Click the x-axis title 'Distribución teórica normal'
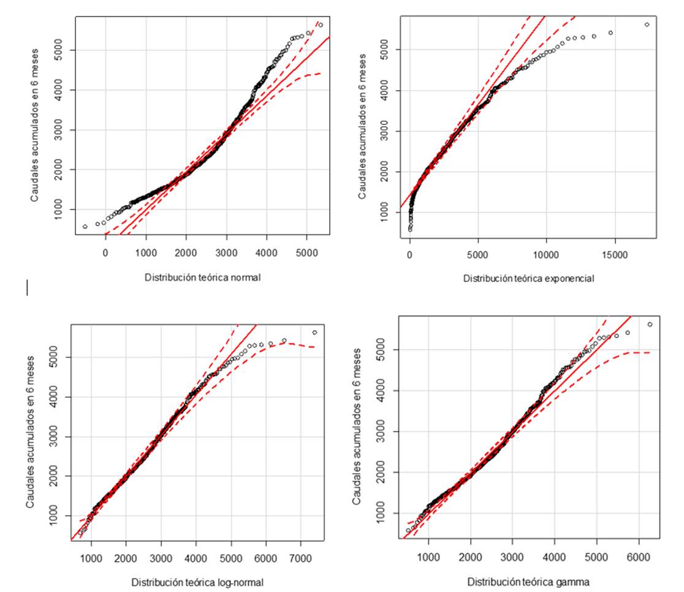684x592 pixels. [x=202, y=277]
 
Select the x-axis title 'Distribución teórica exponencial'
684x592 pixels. [x=528, y=278]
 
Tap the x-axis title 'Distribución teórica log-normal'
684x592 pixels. [x=197, y=582]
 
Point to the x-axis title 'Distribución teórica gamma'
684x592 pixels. [x=528, y=582]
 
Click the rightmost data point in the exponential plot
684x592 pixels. [x=647, y=25]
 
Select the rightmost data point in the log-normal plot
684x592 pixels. [x=314, y=332]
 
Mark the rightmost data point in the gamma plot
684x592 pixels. [x=650, y=324]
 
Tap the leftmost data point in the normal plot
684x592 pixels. [x=85, y=227]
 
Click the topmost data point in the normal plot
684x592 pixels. [x=321, y=25]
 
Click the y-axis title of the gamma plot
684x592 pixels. [x=357, y=427]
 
